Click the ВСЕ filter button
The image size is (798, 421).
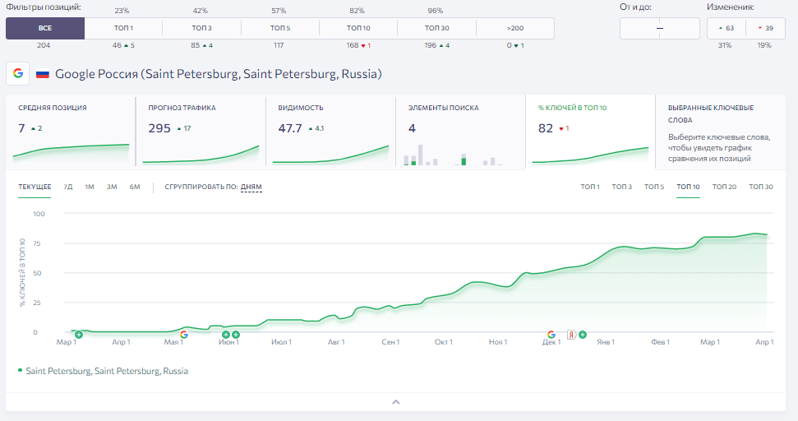[x=44, y=28]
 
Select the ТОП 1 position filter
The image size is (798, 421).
[x=123, y=28]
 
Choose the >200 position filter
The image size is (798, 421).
[x=515, y=28]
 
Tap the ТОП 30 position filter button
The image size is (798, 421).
[x=436, y=28]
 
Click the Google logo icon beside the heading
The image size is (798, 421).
[x=18, y=73]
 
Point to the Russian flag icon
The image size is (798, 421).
[x=43, y=74]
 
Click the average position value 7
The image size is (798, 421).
[x=21, y=128]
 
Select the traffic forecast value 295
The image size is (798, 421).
[x=159, y=128]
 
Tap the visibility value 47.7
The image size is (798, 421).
[x=289, y=128]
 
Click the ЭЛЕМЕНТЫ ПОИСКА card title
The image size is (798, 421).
[x=443, y=108]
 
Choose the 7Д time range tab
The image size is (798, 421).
[x=68, y=187]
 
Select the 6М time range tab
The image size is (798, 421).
[x=134, y=187]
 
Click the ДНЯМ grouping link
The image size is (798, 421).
[x=251, y=187]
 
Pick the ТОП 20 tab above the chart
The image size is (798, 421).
[x=724, y=187]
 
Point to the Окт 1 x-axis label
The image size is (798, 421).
[x=444, y=342]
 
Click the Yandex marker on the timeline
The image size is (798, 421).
[x=571, y=335]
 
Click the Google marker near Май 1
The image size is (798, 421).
[x=184, y=335]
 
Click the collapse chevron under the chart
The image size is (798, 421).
[x=396, y=401]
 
